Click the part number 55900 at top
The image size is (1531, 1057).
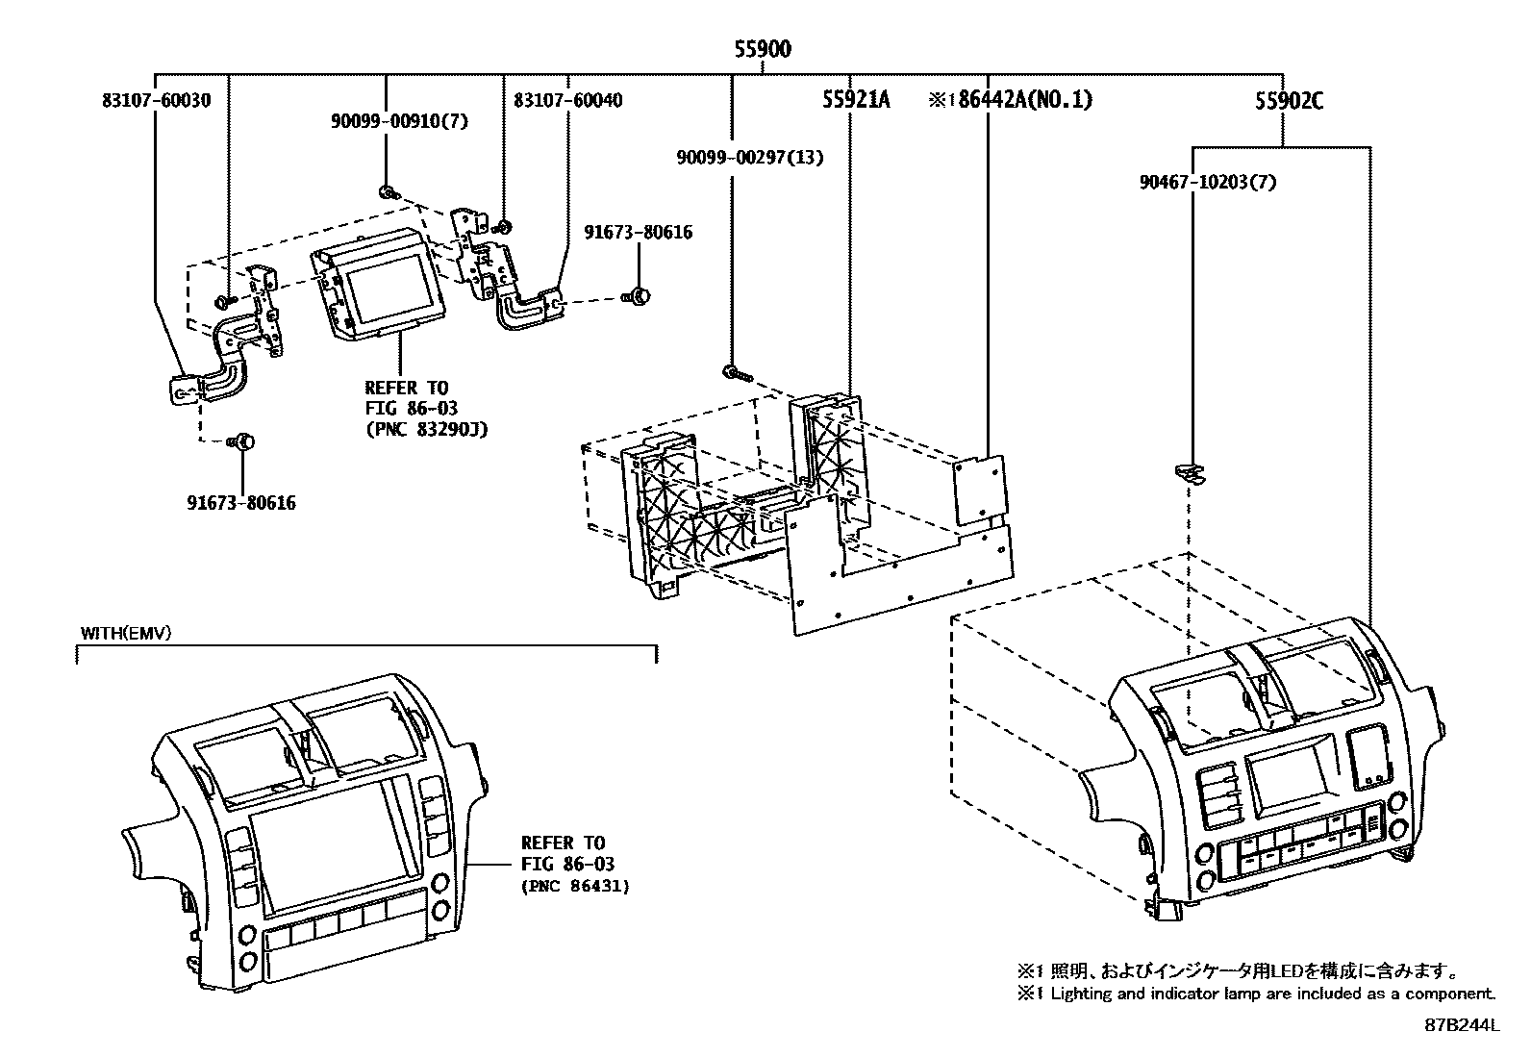(x=763, y=50)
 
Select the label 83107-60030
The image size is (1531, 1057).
(x=155, y=100)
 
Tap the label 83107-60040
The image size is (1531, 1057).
(x=567, y=100)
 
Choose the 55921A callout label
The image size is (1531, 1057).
(x=856, y=99)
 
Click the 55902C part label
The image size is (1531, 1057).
(x=1288, y=100)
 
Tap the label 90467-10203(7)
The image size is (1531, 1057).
(x=1208, y=181)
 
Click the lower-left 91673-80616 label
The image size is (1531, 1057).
(x=240, y=503)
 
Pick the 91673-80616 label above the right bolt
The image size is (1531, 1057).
(x=639, y=233)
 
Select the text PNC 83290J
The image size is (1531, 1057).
(x=427, y=430)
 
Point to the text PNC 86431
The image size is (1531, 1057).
(x=574, y=887)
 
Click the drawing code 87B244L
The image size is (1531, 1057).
(x=1462, y=1025)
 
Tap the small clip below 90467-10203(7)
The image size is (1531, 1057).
(x=1190, y=470)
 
